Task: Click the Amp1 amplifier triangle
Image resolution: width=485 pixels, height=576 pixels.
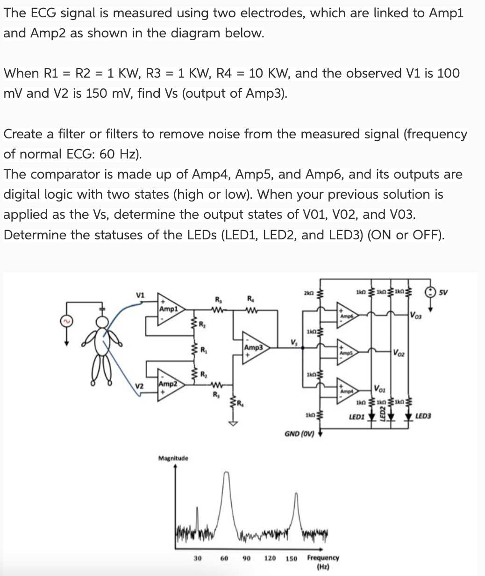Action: (169, 309)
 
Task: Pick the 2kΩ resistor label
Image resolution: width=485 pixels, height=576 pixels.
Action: (307, 292)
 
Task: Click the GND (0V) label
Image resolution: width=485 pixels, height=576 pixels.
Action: (299, 433)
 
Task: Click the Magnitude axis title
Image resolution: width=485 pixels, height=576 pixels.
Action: (173, 458)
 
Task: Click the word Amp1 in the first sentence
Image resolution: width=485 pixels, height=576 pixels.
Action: (447, 13)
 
